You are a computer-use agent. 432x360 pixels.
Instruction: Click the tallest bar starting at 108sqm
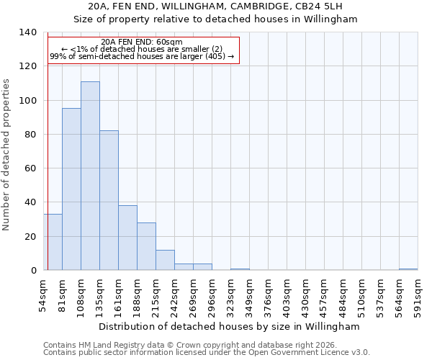pyautogui.click(x=90, y=176)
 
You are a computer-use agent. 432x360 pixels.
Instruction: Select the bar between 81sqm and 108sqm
pyautogui.click(x=71, y=189)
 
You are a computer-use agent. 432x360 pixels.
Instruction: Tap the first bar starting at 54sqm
pyautogui.click(x=53, y=243)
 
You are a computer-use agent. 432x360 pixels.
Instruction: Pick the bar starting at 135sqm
pyautogui.click(x=109, y=201)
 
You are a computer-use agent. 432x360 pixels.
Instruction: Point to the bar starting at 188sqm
pyautogui.click(x=146, y=247)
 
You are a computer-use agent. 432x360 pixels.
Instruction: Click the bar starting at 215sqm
pyautogui.click(x=165, y=261)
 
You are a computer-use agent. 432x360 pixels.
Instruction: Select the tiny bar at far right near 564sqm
pyautogui.click(x=408, y=270)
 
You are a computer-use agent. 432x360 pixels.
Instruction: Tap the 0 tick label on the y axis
pyautogui.click(x=33, y=271)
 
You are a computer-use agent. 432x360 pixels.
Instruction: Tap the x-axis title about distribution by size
pyautogui.click(x=229, y=326)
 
